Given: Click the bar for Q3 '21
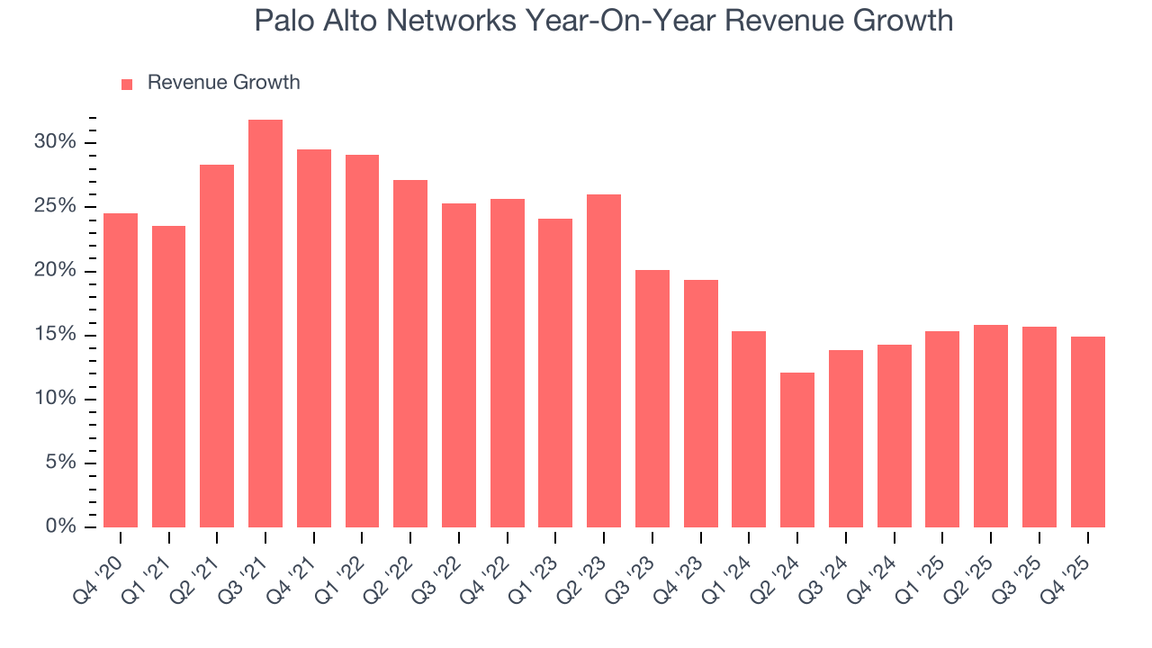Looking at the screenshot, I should coord(265,324).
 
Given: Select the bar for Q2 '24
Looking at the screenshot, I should coord(797,450).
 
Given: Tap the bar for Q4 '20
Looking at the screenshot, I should coord(121,370).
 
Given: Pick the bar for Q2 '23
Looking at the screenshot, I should coord(604,361).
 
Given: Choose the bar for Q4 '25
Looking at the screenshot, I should coord(1087,432).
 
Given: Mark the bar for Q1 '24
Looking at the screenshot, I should coord(749,429).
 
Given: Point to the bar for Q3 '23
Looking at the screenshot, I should coord(652,399).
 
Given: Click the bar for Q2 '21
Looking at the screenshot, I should coord(217,346).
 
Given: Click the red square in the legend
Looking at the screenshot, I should coord(127,84).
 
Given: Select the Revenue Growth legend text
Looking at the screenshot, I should coord(223,83).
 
